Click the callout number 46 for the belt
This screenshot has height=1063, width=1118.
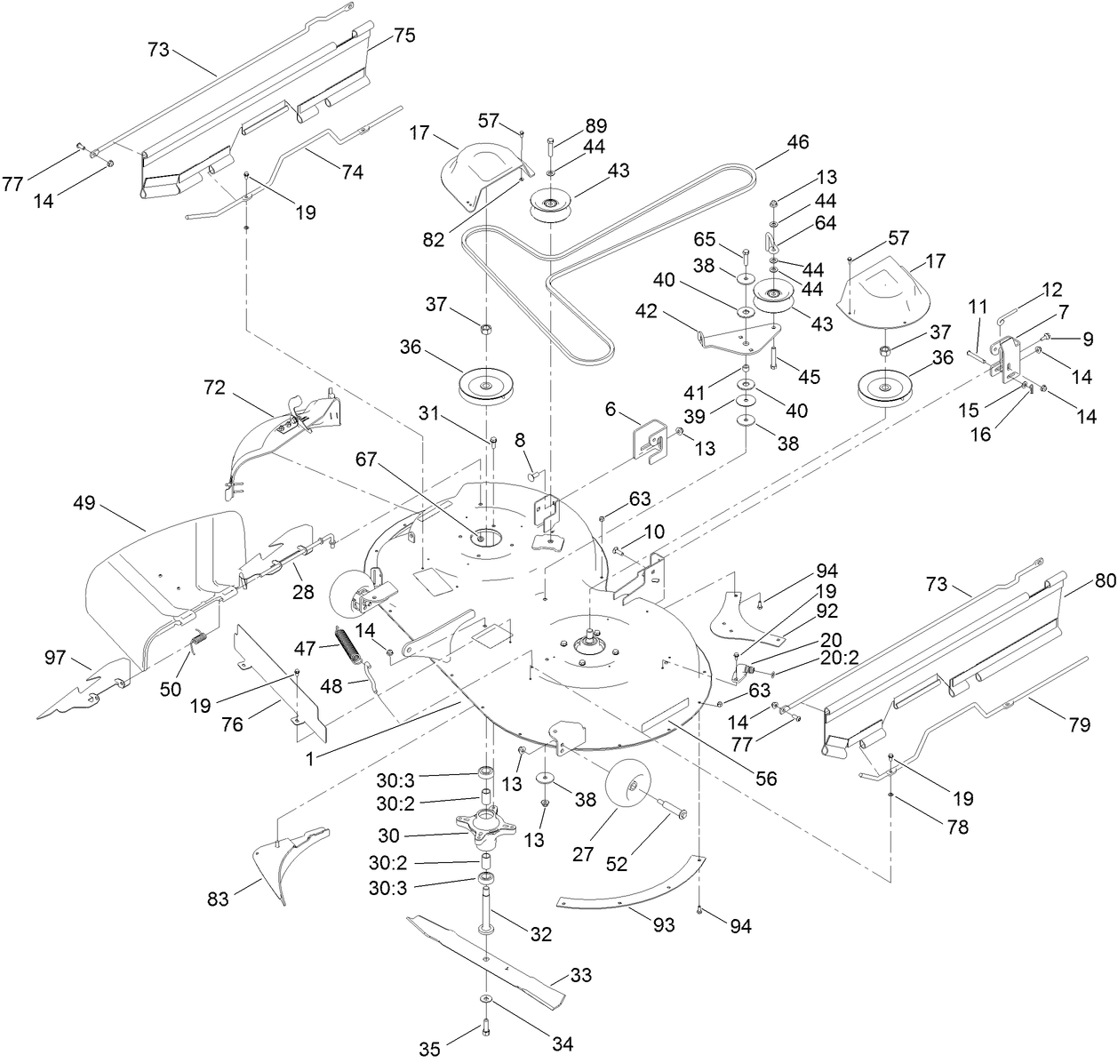[798, 140]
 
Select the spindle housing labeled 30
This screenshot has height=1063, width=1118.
[486, 826]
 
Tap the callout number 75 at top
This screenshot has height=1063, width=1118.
[404, 36]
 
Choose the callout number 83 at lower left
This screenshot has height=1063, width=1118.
[218, 900]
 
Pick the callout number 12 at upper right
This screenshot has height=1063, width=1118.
[1051, 289]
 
